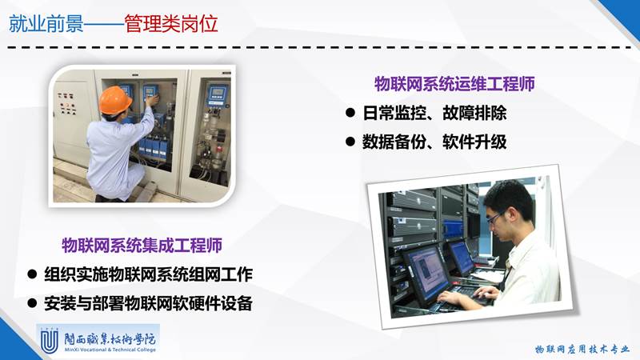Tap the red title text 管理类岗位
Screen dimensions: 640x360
(170, 23)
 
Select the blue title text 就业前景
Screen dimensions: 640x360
(46, 23)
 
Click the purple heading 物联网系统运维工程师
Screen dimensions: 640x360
(454, 84)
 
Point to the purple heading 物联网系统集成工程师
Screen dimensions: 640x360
(142, 245)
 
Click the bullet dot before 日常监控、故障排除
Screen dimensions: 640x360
(350, 112)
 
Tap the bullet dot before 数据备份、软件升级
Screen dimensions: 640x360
(350, 142)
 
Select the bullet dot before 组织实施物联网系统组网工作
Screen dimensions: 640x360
(32, 274)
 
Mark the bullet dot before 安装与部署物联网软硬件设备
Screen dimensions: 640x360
(32, 303)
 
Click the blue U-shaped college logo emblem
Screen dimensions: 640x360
(50, 341)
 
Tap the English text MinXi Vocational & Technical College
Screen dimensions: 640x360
(110, 350)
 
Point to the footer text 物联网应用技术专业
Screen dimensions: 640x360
(582, 349)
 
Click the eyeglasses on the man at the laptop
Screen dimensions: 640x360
(494, 218)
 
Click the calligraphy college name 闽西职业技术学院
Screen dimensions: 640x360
(110, 338)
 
